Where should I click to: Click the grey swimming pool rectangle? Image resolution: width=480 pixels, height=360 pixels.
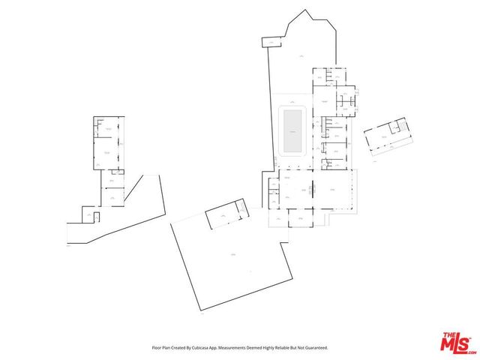coord(290,130)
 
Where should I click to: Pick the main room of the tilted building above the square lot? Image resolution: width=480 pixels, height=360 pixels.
coord(223,217)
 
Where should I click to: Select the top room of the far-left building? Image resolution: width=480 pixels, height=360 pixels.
coord(109,127)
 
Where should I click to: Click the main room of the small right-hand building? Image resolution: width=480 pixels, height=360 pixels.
coord(383,137)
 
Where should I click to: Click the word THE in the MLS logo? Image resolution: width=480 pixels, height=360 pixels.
coord(448,334)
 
